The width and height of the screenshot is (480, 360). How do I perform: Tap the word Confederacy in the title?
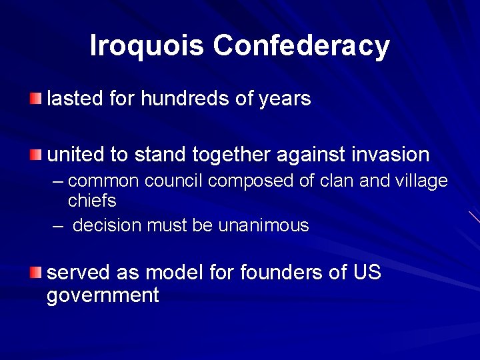[x=301, y=45]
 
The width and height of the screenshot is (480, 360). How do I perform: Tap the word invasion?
[x=388, y=155]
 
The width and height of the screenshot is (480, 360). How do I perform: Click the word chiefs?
[x=92, y=200]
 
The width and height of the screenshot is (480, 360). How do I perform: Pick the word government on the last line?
[x=103, y=295]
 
